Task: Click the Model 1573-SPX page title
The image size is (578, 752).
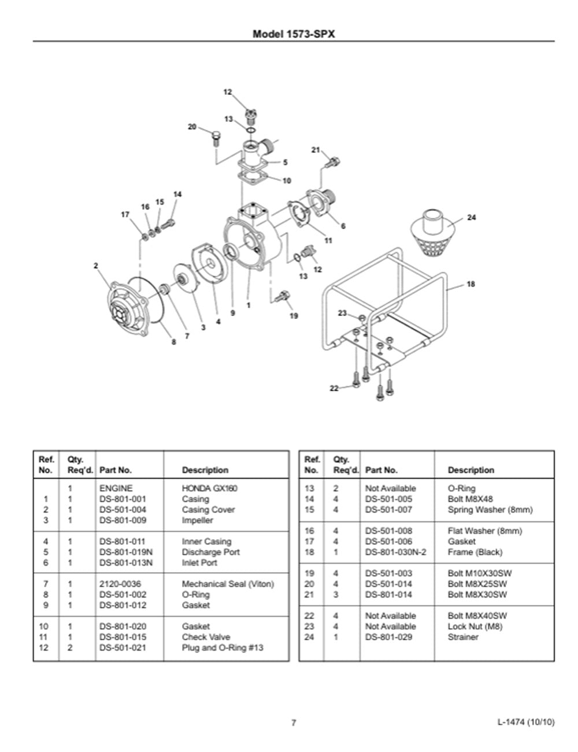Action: coord(294,34)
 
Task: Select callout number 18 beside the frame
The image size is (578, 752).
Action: coord(470,284)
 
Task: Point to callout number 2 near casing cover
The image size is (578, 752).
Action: coord(95,266)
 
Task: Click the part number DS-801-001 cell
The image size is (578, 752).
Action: coord(123,499)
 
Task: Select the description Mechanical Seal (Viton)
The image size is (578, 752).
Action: coord(228,584)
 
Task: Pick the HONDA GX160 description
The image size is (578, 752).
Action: coord(209,488)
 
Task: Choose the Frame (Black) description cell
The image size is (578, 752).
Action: coord(475,552)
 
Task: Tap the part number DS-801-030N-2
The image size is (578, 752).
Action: coord(395,552)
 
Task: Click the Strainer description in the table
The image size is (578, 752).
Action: coord(463,637)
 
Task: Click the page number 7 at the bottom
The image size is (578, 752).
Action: coord(294,722)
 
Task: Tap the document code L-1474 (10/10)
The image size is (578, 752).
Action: coord(525,722)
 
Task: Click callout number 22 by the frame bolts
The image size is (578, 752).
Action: coord(334,388)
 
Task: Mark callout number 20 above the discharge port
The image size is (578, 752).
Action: coord(192,127)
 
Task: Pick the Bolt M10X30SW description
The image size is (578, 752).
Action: coord(479,573)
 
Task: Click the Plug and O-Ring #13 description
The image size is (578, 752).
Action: coord(222,647)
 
